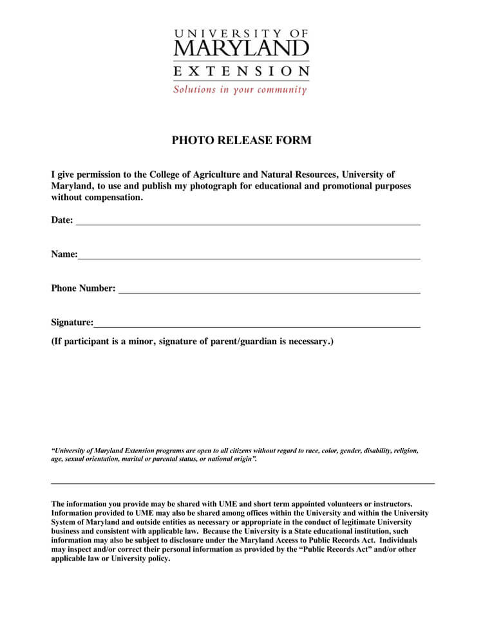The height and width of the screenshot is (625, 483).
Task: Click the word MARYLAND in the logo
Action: pyautogui.click(x=241, y=48)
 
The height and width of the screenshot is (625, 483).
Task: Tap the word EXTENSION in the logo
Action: pyautogui.click(x=241, y=70)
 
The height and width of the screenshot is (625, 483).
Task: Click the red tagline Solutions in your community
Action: pyautogui.click(x=240, y=89)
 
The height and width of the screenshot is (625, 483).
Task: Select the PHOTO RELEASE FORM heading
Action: pyautogui.click(x=241, y=140)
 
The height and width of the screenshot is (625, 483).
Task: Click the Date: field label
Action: pyautogui.click(x=62, y=220)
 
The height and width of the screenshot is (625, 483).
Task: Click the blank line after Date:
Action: pyautogui.click(x=248, y=223)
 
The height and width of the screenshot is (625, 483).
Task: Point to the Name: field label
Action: pyautogui.click(x=64, y=254)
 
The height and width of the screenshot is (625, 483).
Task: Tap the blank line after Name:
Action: pyautogui.click(x=249, y=257)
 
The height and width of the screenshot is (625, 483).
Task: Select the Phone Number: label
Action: pyautogui.click(x=83, y=288)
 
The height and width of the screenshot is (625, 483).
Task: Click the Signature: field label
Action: pyautogui.click(x=72, y=322)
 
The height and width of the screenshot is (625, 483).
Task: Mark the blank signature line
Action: pyautogui.click(x=257, y=326)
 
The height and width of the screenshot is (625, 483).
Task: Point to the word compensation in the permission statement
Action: pyautogui.click(x=111, y=198)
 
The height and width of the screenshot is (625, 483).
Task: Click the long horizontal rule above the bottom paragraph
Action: pyautogui.click(x=243, y=483)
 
